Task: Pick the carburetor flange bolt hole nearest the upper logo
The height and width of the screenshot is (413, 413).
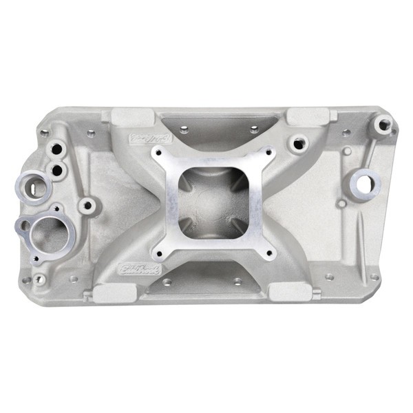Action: point(159,156)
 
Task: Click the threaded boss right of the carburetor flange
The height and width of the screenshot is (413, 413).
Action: point(298,144)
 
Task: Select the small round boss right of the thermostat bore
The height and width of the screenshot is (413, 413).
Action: point(88,204)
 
